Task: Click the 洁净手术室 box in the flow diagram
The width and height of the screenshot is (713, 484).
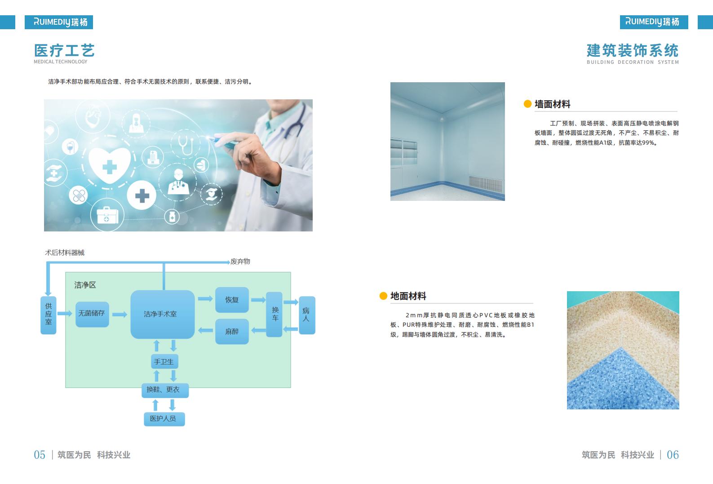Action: pos(162,314)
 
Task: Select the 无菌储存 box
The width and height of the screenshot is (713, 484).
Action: pos(92,314)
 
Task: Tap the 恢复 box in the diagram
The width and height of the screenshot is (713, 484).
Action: pos(232,300)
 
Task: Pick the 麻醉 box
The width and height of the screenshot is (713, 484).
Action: pos(232,332)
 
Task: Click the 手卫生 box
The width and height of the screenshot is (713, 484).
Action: pos(164,361)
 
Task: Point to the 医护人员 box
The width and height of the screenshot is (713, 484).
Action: pos(164,419)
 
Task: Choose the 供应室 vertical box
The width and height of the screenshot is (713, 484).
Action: pos(49,315)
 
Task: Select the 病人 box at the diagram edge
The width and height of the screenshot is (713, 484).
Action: pos(307,315)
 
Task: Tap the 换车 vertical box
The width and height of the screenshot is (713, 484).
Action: pos(275,314)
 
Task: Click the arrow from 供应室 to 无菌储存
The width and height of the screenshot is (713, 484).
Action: pos(65,314)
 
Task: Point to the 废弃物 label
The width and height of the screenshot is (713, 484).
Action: pos(240,262)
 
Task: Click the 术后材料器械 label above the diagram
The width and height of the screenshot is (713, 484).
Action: pos(65,253)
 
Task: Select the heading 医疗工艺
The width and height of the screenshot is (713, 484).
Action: pos(64,50)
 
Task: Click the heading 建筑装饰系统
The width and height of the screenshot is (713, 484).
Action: pos(633,50)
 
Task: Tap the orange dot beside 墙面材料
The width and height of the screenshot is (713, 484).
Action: pos(527,104)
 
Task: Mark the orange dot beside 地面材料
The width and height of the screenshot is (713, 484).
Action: pos(383,296)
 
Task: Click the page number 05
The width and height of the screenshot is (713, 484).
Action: pos(40,455)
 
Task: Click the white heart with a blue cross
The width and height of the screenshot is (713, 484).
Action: pos(110,165)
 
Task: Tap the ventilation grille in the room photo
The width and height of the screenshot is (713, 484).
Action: pos(485,184)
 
